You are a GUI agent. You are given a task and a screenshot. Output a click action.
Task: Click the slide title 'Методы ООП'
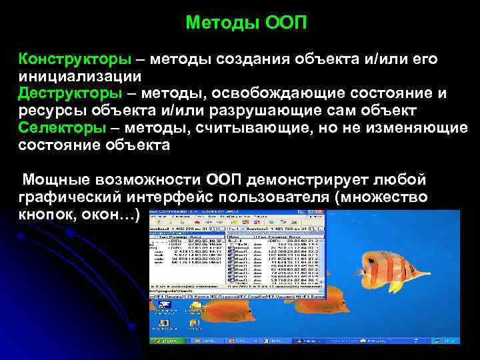[x=247, y=23]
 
